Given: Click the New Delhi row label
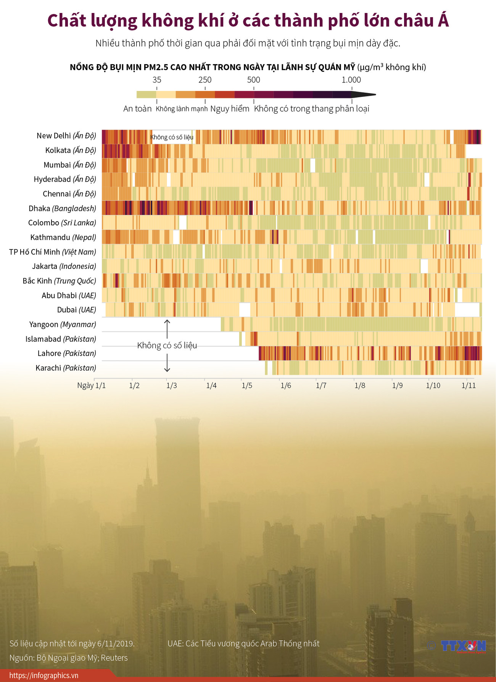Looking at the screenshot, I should [x=66, y=136].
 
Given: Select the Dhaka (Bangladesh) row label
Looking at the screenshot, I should [x=62, y=209].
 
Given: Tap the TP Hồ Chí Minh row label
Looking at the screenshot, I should [x=53, y=252].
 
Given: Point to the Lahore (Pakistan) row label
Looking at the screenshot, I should [x=67, y=354].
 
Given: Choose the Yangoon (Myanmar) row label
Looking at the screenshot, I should [x=63, y=325].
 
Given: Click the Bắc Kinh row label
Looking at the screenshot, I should [x=59, y=281].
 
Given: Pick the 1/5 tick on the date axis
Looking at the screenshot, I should [x=247, y=385].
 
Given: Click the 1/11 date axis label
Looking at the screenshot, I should [x=469, y=385].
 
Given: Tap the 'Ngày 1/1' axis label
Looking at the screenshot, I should [x=92, y=385].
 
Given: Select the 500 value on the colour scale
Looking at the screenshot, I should [x=254, y=80].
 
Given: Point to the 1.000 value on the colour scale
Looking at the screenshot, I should [x=351, y=80].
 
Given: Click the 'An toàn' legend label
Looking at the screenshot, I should [x=137, y=109].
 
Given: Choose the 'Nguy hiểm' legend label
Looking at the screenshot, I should [x=230, y=109].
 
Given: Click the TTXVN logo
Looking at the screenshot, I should [x=463, y=646].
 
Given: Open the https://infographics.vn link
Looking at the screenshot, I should [x=44, y=676].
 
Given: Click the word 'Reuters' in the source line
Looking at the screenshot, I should [x=114, y=658].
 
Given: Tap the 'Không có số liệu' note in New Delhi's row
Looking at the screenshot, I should [x=172, y=137].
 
